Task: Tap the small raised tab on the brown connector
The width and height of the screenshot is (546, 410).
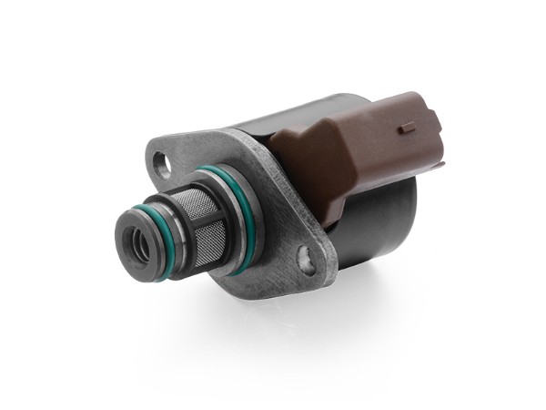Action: (407, 128)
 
